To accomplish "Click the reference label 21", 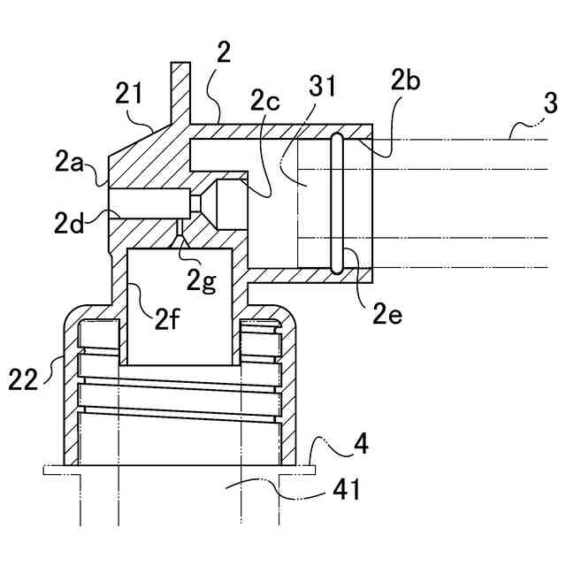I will pos(130,91).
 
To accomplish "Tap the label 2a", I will pos(69,162).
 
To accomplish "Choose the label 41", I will pos(346,490).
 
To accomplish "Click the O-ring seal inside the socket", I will pos(337,203).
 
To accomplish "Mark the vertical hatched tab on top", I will pos(180,88).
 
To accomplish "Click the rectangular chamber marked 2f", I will pos(180,305).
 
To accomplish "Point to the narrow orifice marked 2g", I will pos(180,240).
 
